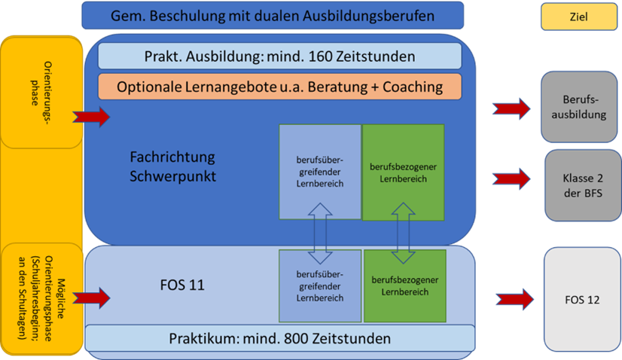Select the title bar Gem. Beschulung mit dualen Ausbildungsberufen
[272, 15]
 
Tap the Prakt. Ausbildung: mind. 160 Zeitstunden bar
[279, 56]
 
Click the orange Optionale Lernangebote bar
[279, 87]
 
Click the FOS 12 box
[581, 299]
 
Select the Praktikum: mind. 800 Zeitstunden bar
[279, 339]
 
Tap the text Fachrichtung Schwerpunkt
[172, 166]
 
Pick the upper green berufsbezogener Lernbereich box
[403, 172]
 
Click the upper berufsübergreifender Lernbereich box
[319, 172]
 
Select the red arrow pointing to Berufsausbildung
[511, 108]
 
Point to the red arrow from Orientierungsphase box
[91, 117]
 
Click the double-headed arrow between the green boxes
[404, 235]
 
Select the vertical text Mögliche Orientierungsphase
[42, 300]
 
